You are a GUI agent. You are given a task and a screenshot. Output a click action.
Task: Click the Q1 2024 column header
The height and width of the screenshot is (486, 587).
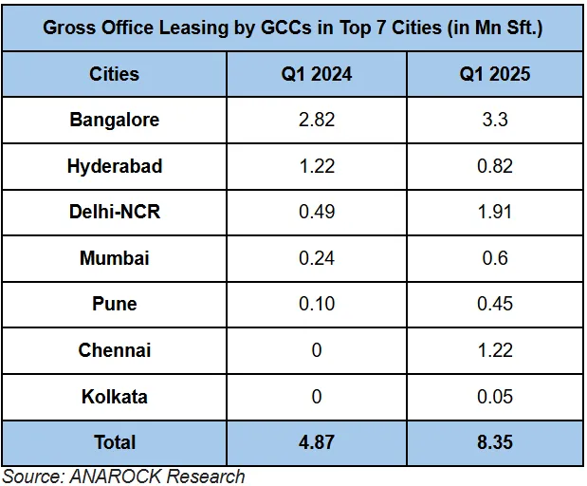pyautogui.click(x=317, y=74)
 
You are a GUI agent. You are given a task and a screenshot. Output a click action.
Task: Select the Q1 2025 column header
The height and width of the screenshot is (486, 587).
pyautogui.click(x=494, y=74)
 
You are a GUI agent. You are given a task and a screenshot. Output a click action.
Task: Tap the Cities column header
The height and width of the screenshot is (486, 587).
pyautogui.click(x=114, y=74)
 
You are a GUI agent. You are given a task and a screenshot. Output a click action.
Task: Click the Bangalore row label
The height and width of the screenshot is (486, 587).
pyautogui.click(x=115, y=120)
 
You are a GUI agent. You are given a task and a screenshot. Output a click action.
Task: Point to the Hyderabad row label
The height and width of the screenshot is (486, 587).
pyautogui.click(x=115, y=166)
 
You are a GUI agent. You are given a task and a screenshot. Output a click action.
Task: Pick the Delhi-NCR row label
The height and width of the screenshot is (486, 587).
pyautogui.click(x=115, y=212)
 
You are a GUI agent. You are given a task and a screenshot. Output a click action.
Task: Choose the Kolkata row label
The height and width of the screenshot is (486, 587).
pyautogui.click(x=115, y=397)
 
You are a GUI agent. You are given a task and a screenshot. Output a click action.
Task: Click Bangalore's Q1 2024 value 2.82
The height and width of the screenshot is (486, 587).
pyautogui.click(x=317, y=120)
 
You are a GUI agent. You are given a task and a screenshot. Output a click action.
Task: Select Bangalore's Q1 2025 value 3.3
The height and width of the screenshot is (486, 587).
pyautogui.click(x=494, y=120)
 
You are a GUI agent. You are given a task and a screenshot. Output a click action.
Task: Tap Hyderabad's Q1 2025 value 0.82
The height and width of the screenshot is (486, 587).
pyautogui.click(x=494, y=166)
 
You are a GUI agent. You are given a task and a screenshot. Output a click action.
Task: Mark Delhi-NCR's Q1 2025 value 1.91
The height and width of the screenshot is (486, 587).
pyautogui.click(x=494, y=212)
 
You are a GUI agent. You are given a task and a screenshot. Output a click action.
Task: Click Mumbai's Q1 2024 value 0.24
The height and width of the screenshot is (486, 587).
pyautogui.click(x=317, y=258)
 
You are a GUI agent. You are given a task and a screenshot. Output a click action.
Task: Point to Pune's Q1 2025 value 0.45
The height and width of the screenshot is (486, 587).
pyautogui.click(x=494, y=304)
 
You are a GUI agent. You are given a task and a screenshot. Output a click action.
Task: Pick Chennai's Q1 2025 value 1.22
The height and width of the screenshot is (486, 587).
pyautogui.click(x=494, y=350)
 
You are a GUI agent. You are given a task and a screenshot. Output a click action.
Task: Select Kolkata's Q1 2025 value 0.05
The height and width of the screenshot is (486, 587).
pyautogui.click(x=494, y=397)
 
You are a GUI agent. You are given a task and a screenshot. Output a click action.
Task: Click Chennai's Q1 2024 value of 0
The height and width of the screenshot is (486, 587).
pyautogui.click(x=317, y=350)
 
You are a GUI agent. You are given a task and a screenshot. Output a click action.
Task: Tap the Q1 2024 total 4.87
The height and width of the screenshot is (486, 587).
pyautogui.click(x=317, y=442)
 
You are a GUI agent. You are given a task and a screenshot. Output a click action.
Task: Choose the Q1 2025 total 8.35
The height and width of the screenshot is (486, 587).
pyautogui.click(x=494, y=442)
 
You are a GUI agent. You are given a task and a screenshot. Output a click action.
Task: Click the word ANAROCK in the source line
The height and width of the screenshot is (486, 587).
pyautogui.click(x=116, y=477)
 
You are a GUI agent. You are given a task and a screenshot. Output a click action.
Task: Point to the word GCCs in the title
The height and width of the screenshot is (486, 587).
pyautogui.click(x=285, y=28)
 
